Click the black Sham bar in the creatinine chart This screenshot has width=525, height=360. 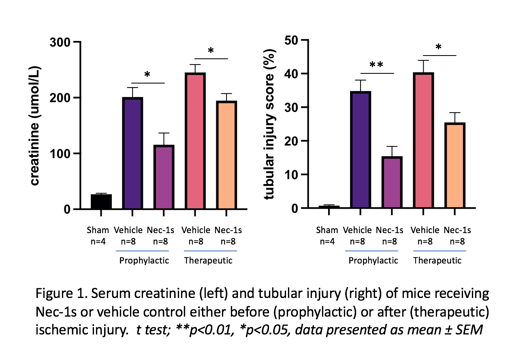[101, 201]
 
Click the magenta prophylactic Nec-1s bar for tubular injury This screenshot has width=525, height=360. [392, 182]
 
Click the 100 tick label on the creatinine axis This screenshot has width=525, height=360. [60, 154]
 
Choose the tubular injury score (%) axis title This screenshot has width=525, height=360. [269, 122]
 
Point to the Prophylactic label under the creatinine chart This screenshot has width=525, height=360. [144, 260]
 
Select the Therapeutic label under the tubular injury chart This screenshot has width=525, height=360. [437, 260]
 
